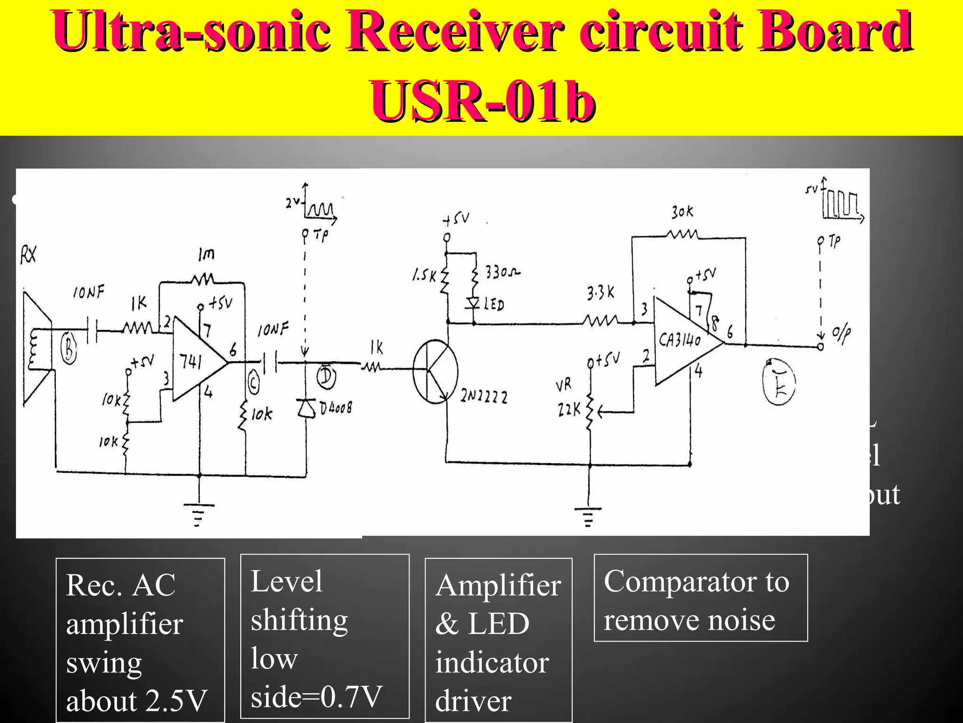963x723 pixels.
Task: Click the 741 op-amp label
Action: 191,361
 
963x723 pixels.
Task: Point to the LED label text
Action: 494,305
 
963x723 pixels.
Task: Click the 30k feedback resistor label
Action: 682,212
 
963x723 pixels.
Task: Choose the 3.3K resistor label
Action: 600,293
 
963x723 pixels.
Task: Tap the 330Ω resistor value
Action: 502,272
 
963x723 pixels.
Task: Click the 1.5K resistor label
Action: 425,275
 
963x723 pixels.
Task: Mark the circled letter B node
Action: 69,350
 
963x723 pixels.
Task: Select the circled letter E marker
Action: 779,382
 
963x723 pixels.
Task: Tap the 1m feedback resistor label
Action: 206,254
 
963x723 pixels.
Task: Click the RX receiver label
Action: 28,256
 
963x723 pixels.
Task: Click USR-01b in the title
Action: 482,100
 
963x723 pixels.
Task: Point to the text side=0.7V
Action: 316,696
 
